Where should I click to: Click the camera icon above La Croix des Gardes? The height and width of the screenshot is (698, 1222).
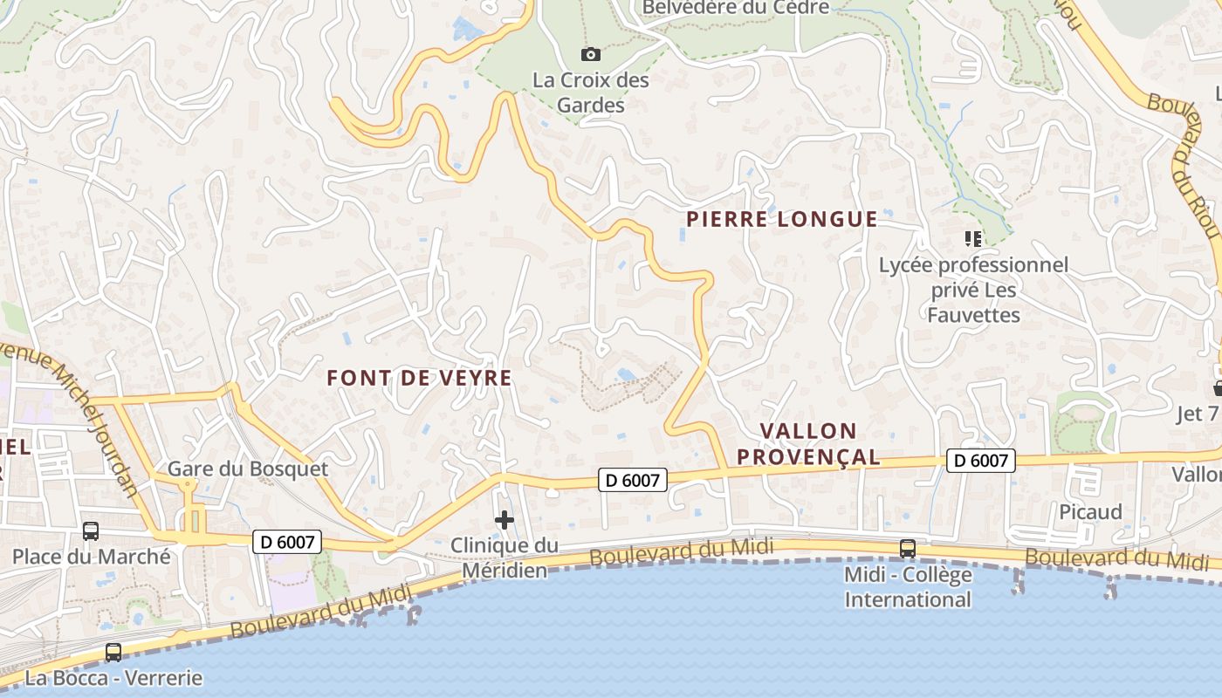click(591, 55)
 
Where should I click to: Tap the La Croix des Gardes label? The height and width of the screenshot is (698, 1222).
click(591, 92)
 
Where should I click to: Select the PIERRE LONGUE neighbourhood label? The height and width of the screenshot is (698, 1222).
click(781, 219)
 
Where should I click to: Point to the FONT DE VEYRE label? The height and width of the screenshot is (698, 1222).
click(419, 378)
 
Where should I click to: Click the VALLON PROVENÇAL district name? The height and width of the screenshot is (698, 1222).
click(808, 443)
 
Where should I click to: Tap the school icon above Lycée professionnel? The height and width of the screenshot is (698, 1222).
click(973, 238)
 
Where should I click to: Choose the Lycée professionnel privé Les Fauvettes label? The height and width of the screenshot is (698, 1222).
click(973, 289)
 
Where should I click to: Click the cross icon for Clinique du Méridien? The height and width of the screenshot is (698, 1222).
click(505, 521)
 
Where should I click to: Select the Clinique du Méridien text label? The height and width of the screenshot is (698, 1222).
click(505, 558)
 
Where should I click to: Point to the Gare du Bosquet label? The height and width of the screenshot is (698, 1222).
click(248, 469)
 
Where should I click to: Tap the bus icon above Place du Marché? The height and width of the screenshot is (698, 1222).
click(90, 530)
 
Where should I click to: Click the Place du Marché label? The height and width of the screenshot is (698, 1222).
click(92, 557)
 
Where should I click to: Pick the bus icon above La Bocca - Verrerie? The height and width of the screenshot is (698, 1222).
click(113, 652)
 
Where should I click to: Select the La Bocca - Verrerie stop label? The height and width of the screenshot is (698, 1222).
click(113, 678)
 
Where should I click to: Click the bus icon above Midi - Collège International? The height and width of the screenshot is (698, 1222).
click(908, 549)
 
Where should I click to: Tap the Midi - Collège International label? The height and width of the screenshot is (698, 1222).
click(908, 587)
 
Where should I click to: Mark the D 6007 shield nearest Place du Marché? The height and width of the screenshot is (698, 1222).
click(287, 542)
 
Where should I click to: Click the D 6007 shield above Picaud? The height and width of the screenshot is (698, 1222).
click(981, 461)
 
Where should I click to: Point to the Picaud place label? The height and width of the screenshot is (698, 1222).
click(1090, 512)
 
